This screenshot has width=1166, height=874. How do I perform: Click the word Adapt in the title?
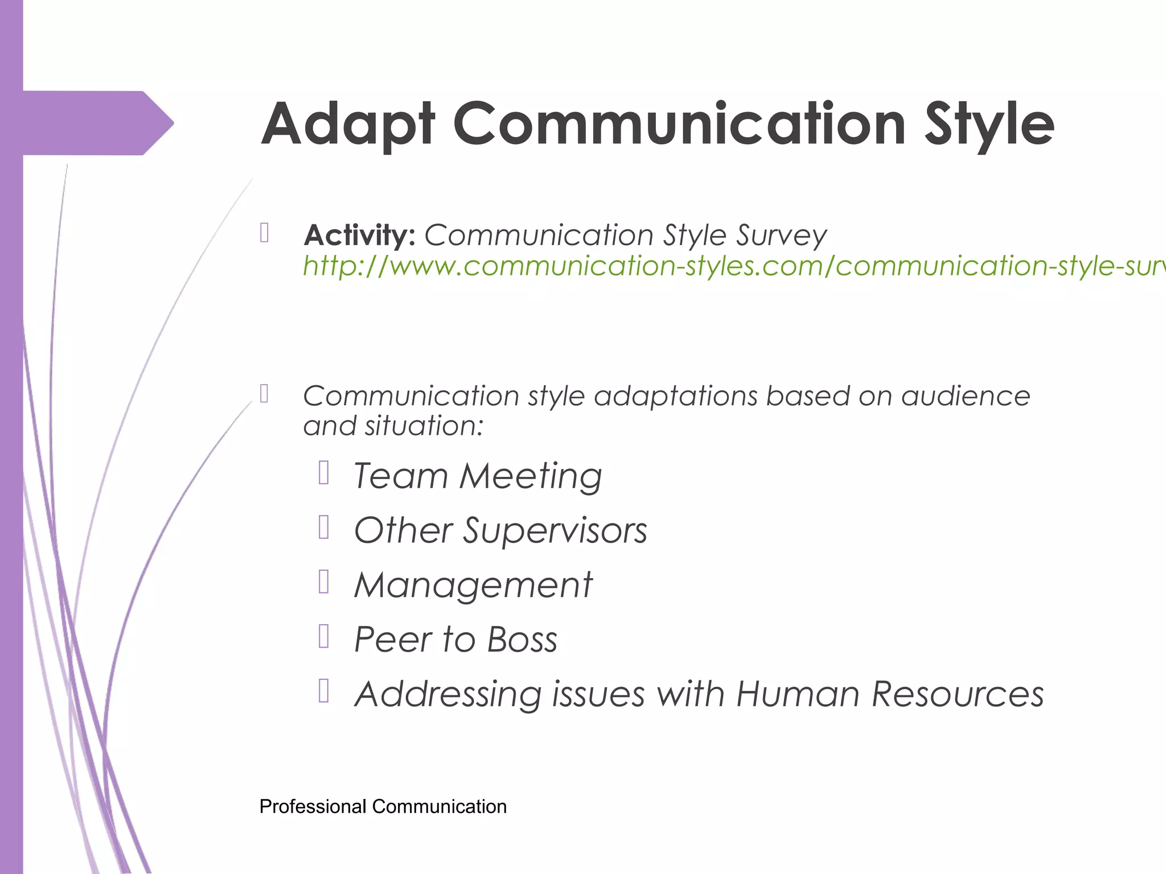[348, 124]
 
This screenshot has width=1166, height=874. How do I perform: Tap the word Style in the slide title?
[989, 124]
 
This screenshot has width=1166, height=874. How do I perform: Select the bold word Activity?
[360, 235]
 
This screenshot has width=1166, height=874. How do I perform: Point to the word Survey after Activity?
[781, 235]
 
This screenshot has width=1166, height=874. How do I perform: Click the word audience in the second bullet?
[966, 396]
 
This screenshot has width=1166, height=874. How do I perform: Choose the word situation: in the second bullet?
[424, 426]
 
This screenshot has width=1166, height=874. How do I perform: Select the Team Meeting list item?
[477, 476]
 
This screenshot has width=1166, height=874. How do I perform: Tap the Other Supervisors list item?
[500, 530]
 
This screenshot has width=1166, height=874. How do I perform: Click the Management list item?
[473, 585]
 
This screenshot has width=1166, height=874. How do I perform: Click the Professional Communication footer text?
[383, 806]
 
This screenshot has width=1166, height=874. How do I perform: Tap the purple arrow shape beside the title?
[97, 123]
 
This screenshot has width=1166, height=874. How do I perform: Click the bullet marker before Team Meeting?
[324, 473]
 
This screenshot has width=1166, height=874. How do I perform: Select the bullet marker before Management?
[324, 582]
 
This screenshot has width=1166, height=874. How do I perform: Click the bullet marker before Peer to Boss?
[324, 637]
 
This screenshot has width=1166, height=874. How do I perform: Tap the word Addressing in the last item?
[448, 694]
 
